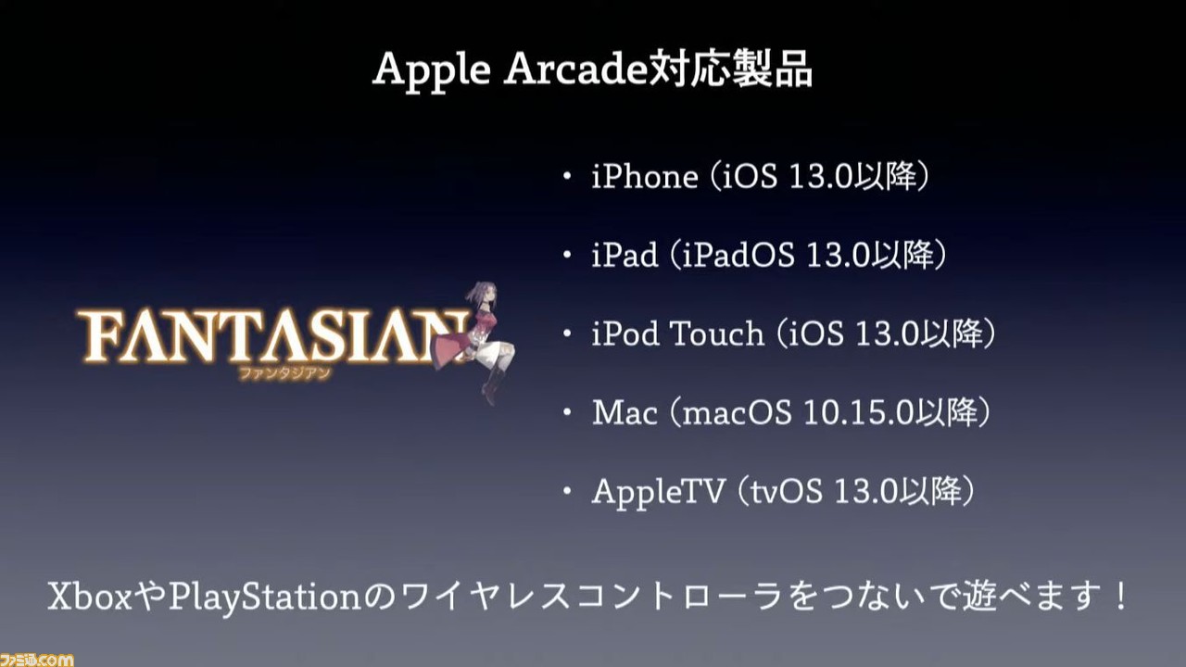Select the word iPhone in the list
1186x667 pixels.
(x=645, y=176)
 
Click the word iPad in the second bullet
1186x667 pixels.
(x=625, y=255)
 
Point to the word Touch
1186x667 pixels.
(x=717, y=333)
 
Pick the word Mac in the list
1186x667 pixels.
(x=625, y=412)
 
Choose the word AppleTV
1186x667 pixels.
(x=658, y=492)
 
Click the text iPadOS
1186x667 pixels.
(x=738, y=255)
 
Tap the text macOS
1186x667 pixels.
(x=737, y=412)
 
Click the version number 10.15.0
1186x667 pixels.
(x=859, y=412)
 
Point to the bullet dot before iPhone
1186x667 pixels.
(x=567, y=176)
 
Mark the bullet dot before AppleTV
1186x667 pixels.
(x=567, y=491)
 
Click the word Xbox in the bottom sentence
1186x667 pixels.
(x=90, y=596)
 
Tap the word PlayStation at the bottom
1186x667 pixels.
(x=265, y=598)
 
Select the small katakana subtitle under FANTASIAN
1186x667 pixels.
(x=284, y=373)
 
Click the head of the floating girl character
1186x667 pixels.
(x=483, y=295)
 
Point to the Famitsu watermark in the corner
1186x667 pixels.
(x=36, y=660)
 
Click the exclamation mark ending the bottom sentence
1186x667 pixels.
(x=1120, y=596)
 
